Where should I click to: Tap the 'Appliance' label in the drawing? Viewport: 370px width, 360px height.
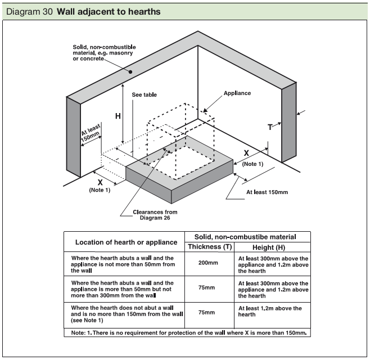pos(237,93)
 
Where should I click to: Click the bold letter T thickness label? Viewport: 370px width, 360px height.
pos(270,127)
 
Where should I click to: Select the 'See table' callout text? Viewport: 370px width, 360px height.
pos(144,95)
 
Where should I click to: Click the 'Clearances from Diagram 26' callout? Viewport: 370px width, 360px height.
pos(155,215)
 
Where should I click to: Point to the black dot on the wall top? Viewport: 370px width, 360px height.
pos(129,72)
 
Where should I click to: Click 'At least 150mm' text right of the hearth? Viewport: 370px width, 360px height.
pos(267,192)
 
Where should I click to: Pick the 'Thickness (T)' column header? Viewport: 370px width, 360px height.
pos(209,246)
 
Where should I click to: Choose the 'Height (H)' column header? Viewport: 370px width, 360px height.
pos(272,246)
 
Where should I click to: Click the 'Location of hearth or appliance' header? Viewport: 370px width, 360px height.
pos(124,241)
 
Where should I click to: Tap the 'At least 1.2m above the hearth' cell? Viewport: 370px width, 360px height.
pos(273,312)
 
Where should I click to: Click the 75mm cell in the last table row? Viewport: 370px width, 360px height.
pos(209,312)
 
